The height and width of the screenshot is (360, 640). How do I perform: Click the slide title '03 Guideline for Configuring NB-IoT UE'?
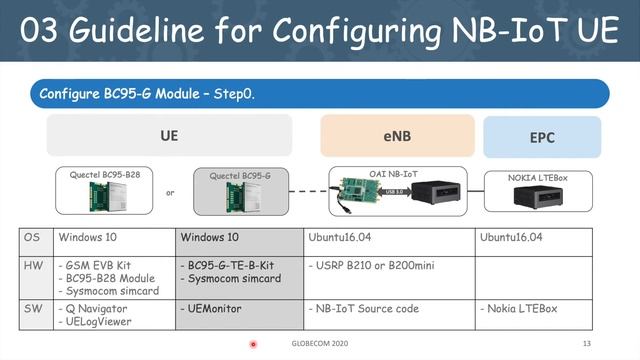(x=320, y=32)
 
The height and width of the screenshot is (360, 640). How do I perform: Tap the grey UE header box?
(x=169, y=135)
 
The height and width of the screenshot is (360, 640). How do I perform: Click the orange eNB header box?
(x=396, y=136)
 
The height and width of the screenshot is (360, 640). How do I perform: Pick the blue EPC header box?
(x=542, y=136)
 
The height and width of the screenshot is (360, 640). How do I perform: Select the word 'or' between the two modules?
(x=170, y=193)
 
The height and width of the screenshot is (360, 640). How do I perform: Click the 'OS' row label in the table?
(x=32, y=239)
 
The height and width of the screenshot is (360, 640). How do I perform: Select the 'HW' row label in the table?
(x=33, y=266)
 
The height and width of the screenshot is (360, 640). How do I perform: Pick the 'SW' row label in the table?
(x=33, y=309)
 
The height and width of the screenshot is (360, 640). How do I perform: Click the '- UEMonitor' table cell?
(x=211, y=309)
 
